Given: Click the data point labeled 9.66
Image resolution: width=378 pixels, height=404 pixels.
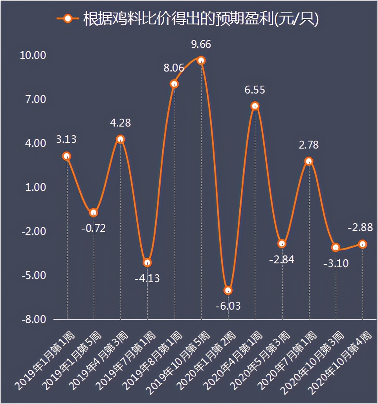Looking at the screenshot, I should pos(201,60).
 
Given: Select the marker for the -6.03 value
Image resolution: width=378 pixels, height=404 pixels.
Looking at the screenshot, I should pos(228,290).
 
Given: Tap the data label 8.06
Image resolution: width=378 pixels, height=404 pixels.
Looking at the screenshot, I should pos(174,68).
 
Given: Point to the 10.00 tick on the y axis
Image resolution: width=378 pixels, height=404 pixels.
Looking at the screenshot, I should pos(33,55).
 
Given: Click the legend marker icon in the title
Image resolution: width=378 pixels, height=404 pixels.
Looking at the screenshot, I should pos(68,19).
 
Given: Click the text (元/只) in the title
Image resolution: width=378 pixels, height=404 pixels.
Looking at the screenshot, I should pos(297,19).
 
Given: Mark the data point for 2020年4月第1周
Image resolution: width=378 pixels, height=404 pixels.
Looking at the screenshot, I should pos(255,106).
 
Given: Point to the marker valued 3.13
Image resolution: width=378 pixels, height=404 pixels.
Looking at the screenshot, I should pos(67,156).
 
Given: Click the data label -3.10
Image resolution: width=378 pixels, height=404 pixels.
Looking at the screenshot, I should pos(336,263).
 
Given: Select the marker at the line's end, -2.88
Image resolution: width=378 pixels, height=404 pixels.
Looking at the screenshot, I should pos(362,244).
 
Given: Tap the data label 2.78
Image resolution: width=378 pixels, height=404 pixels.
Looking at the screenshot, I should pos(308,145).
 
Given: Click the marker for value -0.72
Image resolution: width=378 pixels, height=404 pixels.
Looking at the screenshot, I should pos(94,213).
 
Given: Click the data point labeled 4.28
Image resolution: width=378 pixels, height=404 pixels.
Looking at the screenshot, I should pos(120,139).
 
